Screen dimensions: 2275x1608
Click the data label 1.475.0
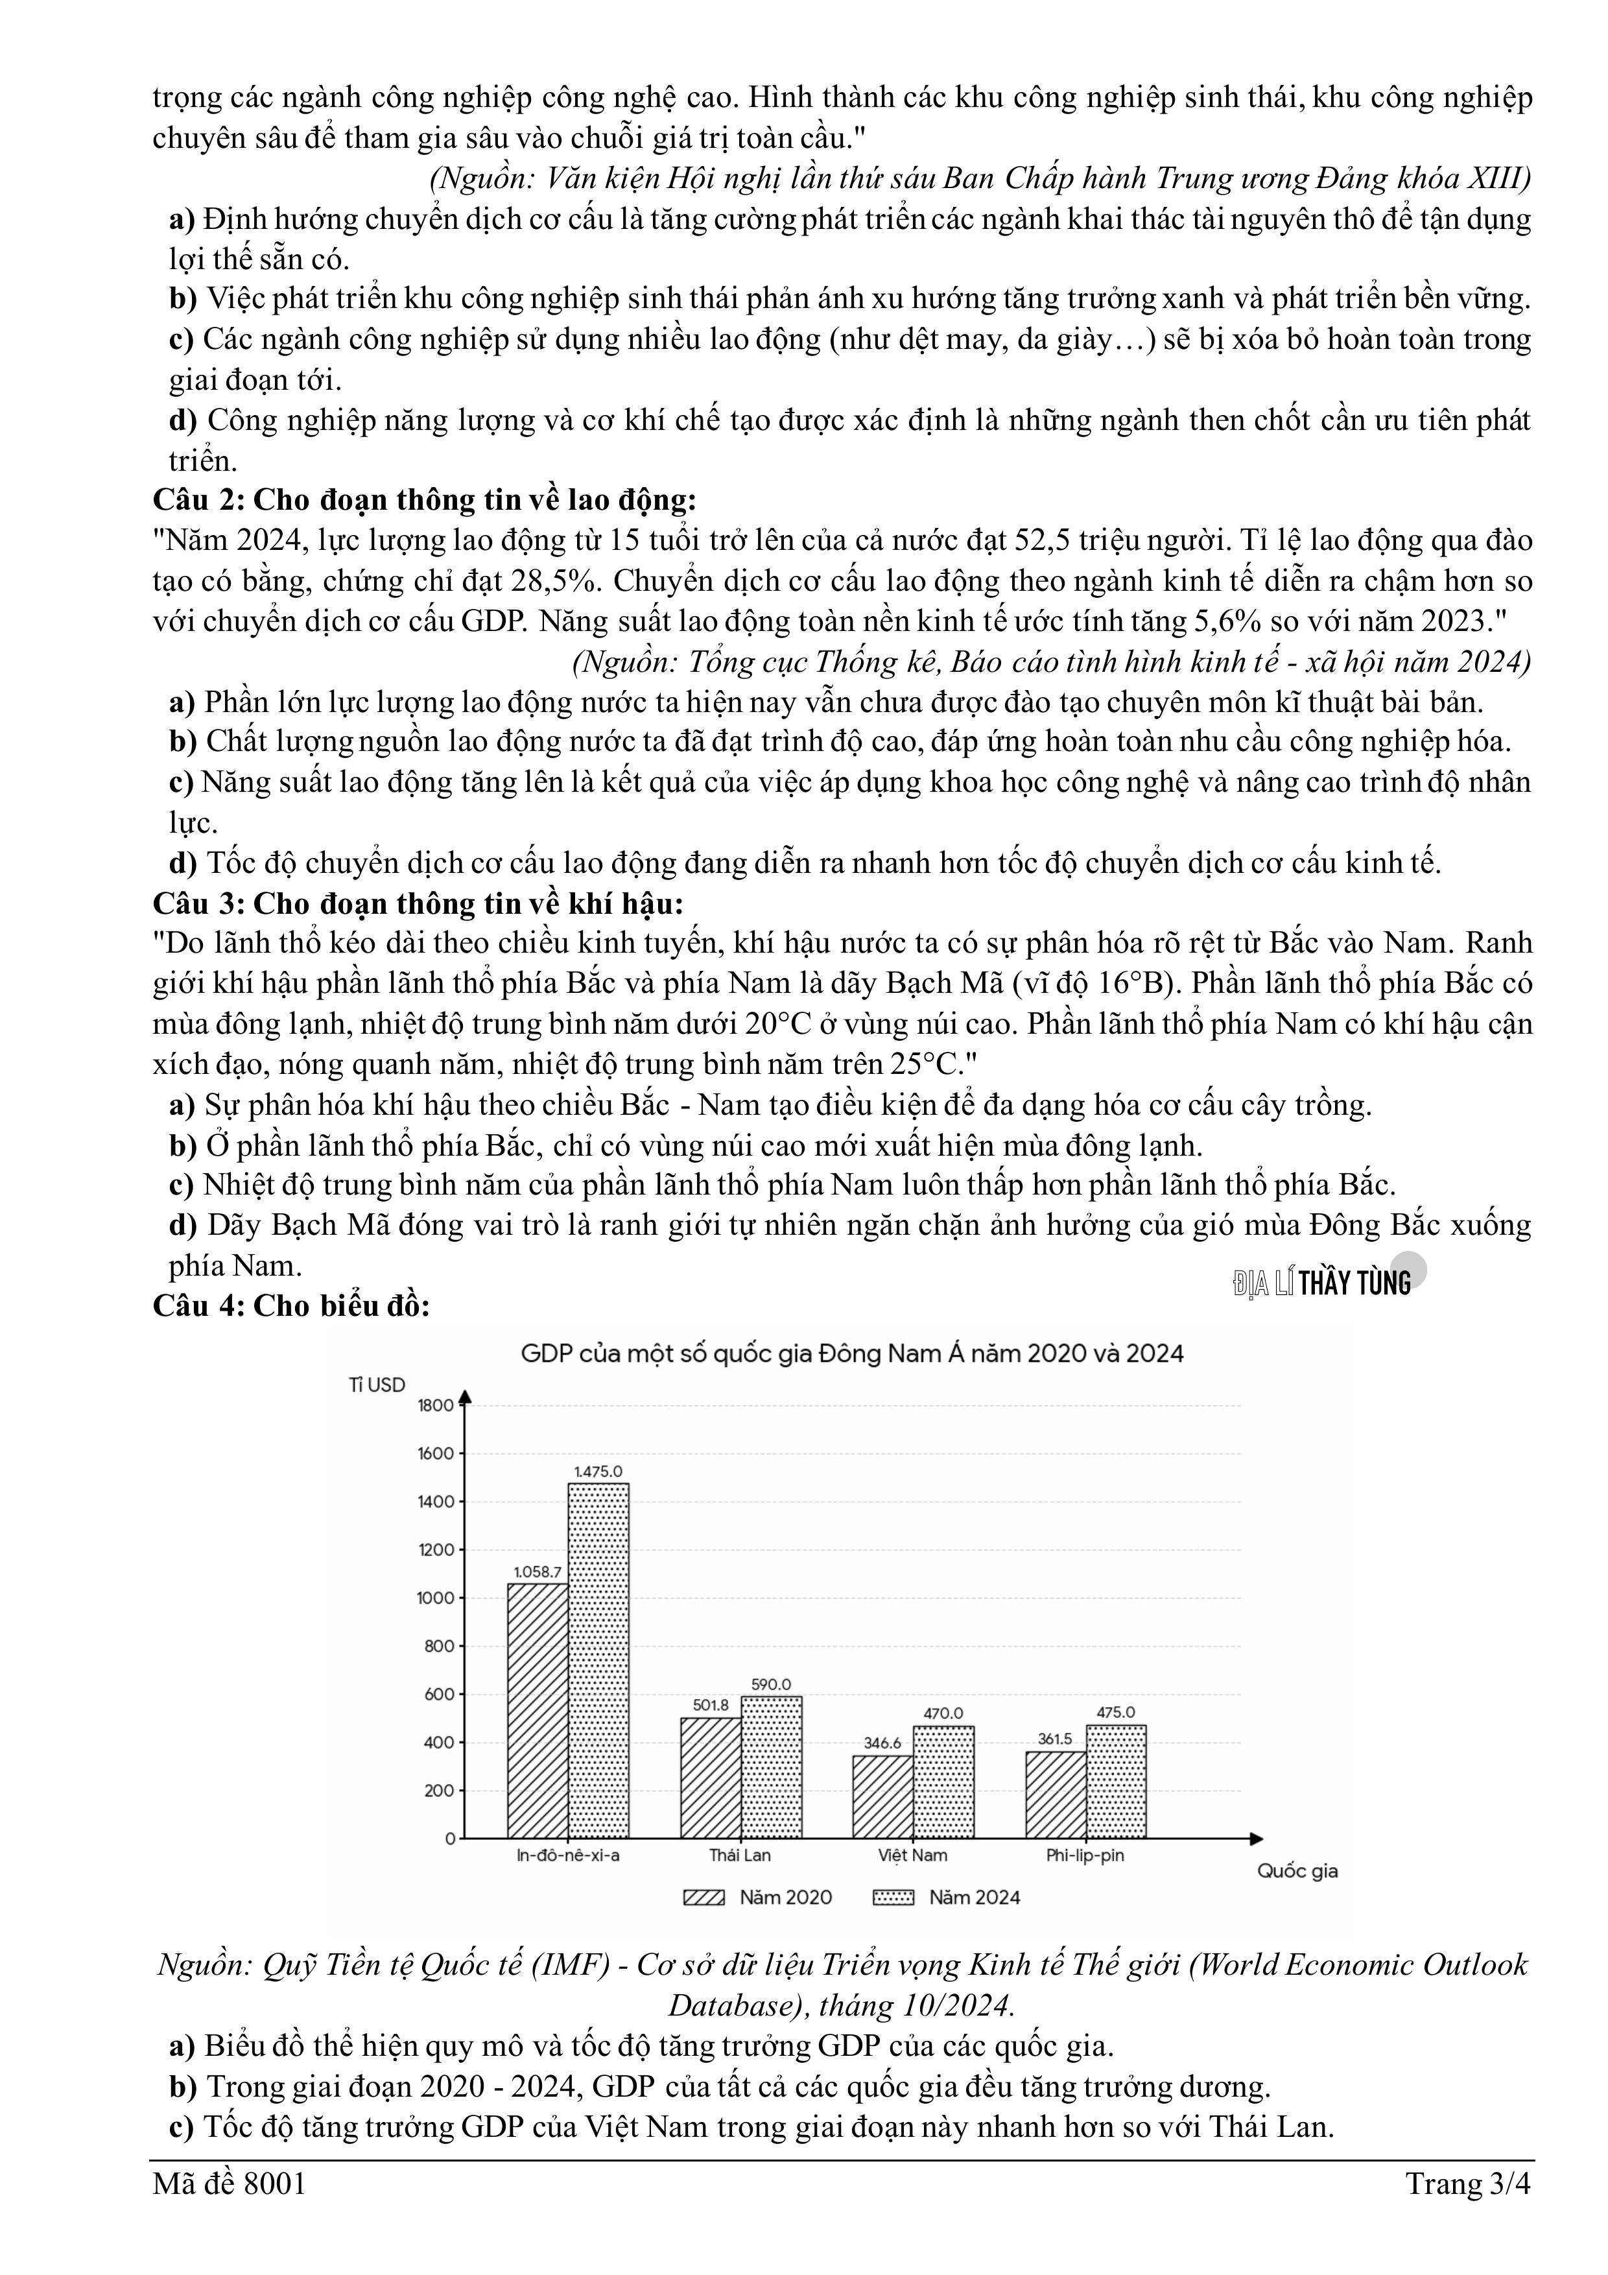598,1471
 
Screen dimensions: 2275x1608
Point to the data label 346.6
882,1743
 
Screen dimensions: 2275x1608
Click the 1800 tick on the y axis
436,1405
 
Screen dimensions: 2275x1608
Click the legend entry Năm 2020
758,1898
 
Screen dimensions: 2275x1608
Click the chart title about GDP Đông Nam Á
852,1353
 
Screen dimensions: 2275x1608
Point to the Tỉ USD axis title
377,1385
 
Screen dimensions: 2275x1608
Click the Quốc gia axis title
1297,1871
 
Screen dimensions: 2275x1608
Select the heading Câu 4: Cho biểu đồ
291,1306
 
